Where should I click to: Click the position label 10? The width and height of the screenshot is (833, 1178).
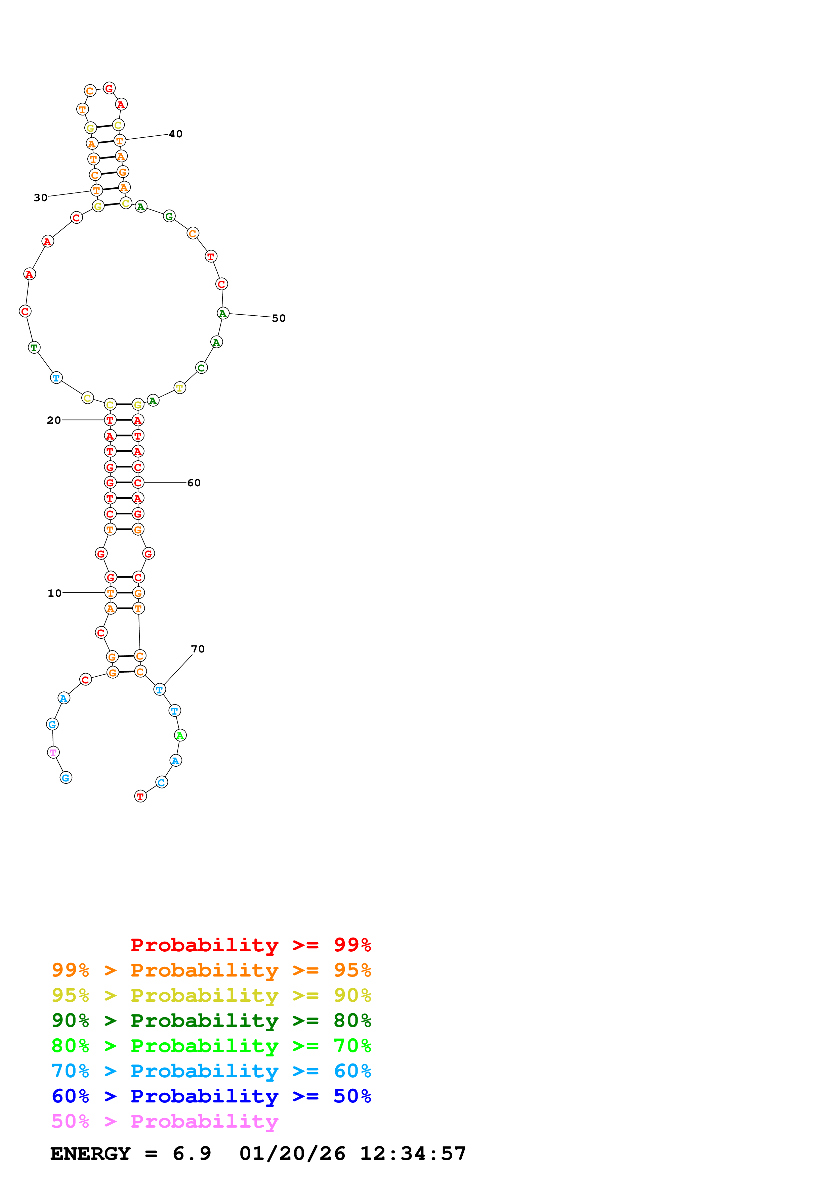(x=54, y=593)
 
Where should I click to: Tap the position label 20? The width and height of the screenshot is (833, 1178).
(x=54, y=420)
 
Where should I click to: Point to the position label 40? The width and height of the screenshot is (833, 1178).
(x=175, y=134)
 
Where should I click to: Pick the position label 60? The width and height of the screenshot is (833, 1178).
(x=194, y=483)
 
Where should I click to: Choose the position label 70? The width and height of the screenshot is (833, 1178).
(x=198, y=649)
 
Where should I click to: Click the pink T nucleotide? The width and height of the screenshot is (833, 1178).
(x=53, y=752)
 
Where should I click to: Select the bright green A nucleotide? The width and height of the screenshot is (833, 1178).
(x=180, y=735)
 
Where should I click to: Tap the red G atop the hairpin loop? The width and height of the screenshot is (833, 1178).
(x=109, y=88)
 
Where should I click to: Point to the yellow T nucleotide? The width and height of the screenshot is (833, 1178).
(x=179, y=388)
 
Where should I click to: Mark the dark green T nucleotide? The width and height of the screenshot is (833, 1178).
(x=34, y=347)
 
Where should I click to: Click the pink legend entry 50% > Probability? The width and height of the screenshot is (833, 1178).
(x=165, y=1122)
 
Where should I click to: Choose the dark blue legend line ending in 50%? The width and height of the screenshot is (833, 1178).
(x=211, y=1096)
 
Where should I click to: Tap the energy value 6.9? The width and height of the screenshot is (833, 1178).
(x=192, y=1153)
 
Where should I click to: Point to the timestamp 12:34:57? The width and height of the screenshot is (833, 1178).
(x=413, y=1153)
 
